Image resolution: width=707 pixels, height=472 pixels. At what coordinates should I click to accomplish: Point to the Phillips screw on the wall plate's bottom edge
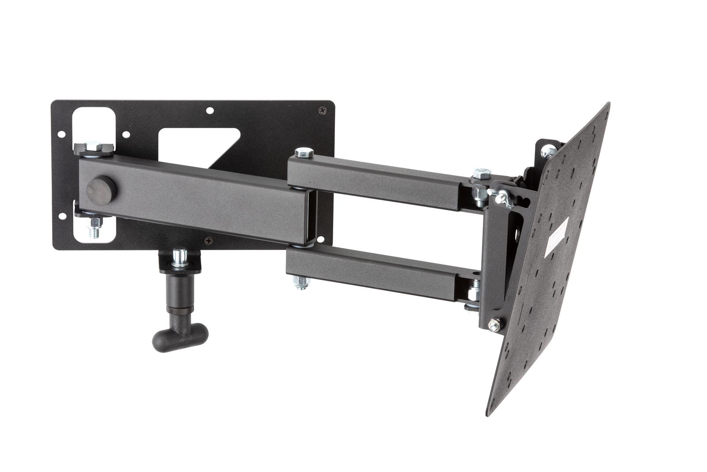(209, 241)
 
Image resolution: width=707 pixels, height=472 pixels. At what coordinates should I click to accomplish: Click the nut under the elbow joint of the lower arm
(302, 282)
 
